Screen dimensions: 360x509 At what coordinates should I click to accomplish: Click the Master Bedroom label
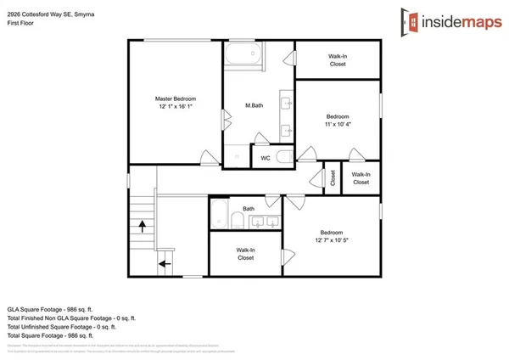[x=176, y=98]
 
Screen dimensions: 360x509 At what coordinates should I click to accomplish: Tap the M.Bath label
[x=252, y=105]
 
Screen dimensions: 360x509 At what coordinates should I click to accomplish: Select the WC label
[x=265, y=157]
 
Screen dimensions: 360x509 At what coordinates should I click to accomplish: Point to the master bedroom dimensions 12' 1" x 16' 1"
[x=176, y=107]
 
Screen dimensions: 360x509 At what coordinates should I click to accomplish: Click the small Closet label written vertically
[x=333, y=177]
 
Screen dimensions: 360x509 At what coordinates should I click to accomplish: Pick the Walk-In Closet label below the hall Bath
[x=246, y=253]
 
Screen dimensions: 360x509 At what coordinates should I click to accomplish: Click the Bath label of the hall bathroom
[x=249, y=209]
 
